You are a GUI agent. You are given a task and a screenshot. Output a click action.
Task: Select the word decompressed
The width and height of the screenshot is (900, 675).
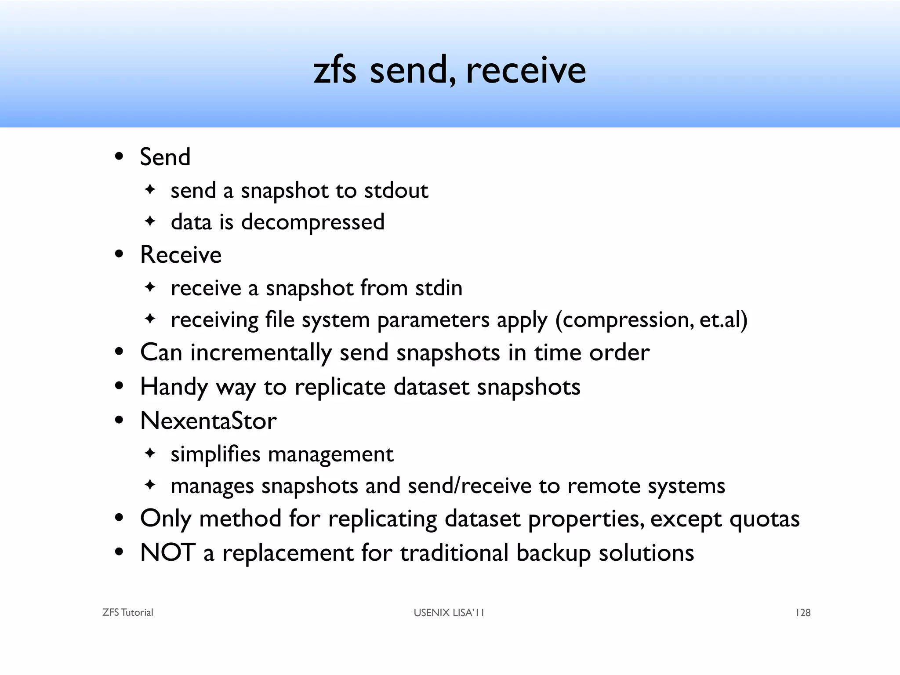[312, 222]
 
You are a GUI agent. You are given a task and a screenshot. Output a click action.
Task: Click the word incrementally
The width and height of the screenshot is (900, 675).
[261, 352]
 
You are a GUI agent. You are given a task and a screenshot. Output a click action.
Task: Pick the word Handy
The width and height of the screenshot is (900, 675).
[174, 387]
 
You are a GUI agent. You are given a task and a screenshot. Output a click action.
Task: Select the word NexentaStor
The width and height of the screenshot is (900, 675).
[208, 421]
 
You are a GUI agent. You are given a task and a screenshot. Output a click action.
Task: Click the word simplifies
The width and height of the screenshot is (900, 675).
[215, 454]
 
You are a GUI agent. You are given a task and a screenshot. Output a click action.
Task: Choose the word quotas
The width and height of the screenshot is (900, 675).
[764, 519]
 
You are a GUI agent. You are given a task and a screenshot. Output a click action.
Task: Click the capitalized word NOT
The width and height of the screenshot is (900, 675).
[168, 552]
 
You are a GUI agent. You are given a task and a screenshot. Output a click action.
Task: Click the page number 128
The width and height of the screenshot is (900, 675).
[803, 613]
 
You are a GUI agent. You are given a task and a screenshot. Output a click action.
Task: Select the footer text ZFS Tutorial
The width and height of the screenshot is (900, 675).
[127, 613]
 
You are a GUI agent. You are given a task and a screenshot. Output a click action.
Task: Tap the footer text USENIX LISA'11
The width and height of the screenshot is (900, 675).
[449, 613]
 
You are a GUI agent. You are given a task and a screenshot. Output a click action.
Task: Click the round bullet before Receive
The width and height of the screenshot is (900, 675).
[119, 255]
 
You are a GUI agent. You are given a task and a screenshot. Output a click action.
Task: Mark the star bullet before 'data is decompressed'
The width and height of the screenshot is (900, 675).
[150, 221]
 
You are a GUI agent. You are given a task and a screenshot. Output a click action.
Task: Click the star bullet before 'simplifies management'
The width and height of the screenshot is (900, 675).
[150, 453]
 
